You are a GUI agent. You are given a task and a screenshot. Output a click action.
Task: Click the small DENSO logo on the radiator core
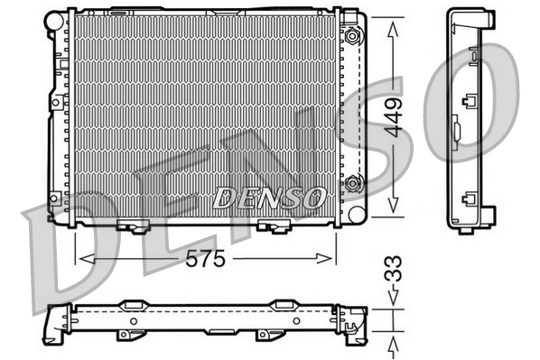tap(269, 195)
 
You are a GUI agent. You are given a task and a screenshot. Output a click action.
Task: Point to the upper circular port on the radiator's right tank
tap(352, 38)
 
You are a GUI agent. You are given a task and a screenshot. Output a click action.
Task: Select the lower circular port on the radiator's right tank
tap(352, 185)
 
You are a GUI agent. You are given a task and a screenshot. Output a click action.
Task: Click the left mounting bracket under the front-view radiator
tap(131, 226)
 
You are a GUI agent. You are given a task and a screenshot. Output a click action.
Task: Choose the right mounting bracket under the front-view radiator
tap(270, 226)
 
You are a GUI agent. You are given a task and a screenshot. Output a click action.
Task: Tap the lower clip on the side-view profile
tap(469, 201)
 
